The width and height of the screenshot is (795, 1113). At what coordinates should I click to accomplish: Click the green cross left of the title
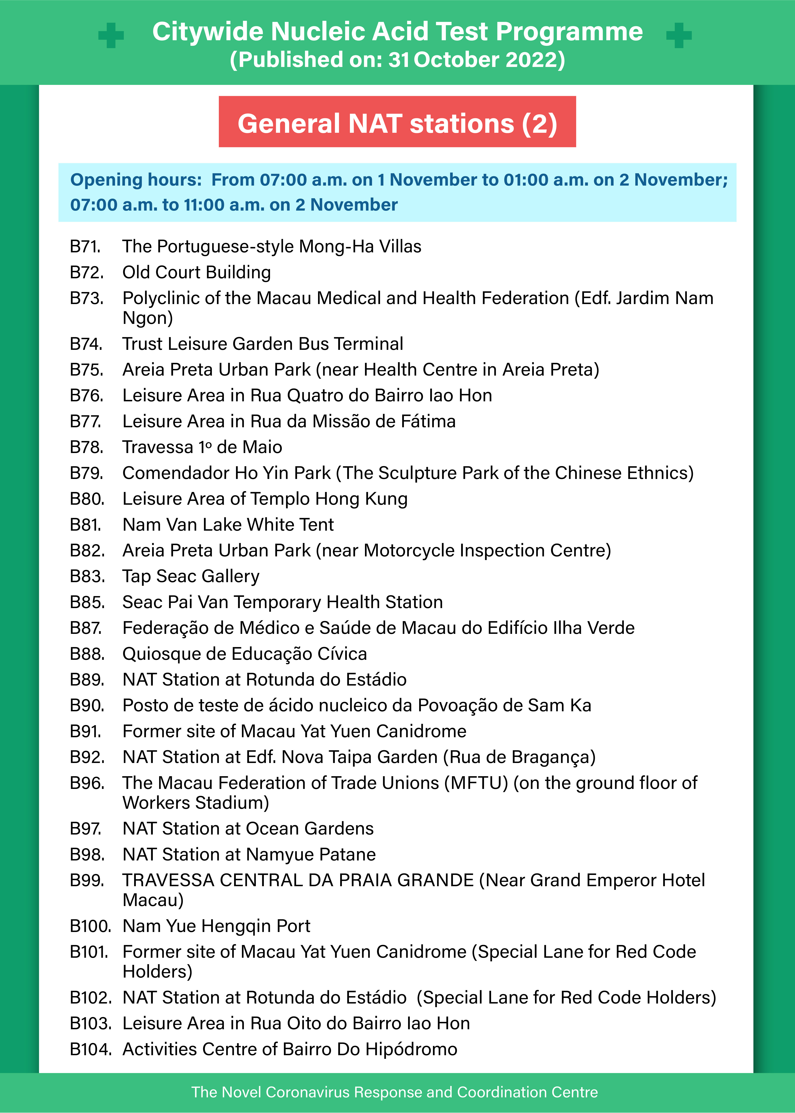(111, 35)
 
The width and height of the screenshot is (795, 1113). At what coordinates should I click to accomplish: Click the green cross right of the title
(679, 35)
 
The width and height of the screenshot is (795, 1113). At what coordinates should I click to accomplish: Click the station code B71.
(85, 247)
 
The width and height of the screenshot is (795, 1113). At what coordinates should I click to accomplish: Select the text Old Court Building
(196, 273)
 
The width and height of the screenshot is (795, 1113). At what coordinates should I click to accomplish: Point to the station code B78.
(87, 447)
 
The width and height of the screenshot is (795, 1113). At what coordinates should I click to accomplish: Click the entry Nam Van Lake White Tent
(228, 525)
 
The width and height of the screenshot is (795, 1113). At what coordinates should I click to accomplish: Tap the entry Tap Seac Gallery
(191, 577)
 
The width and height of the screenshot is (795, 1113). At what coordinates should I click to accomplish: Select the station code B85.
(87, 603)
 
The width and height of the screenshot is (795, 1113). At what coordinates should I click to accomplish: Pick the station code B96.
(87, 783)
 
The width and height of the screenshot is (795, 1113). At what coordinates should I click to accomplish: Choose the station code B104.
(91, 1049)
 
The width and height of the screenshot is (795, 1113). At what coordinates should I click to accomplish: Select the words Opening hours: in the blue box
(136, 180)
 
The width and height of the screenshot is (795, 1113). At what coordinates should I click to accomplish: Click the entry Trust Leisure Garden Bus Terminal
(263, 344)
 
